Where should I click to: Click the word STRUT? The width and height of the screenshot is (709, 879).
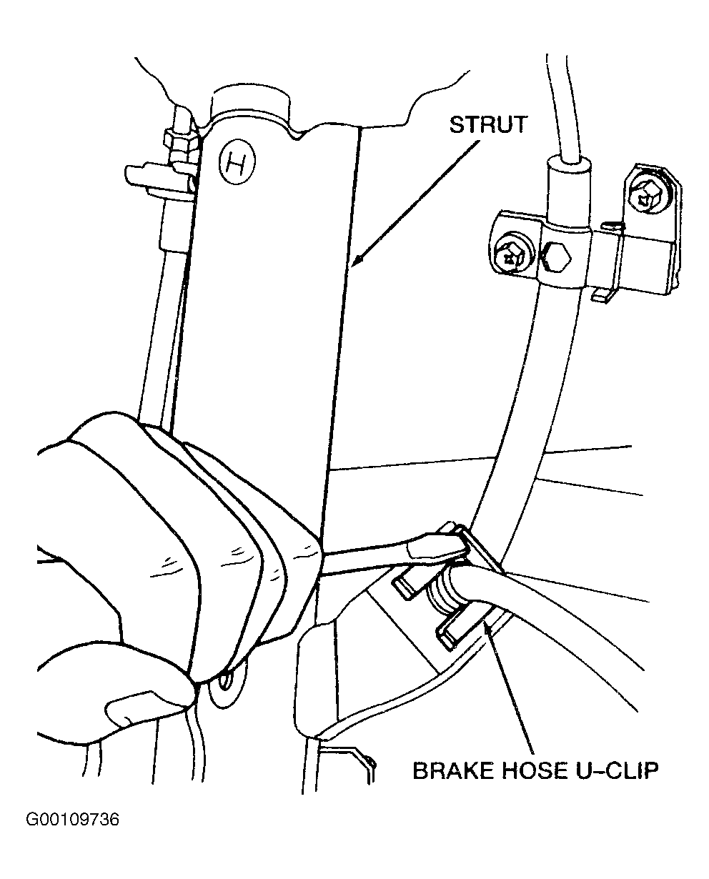(x=488, y=124)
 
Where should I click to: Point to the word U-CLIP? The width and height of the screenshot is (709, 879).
(x=613, y=771)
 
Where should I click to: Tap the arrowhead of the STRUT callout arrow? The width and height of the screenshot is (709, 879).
(x=357, y=259)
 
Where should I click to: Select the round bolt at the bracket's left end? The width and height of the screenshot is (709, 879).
(x=514, y=254)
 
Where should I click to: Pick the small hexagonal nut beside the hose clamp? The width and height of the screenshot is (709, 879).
(x=556, y=258)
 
